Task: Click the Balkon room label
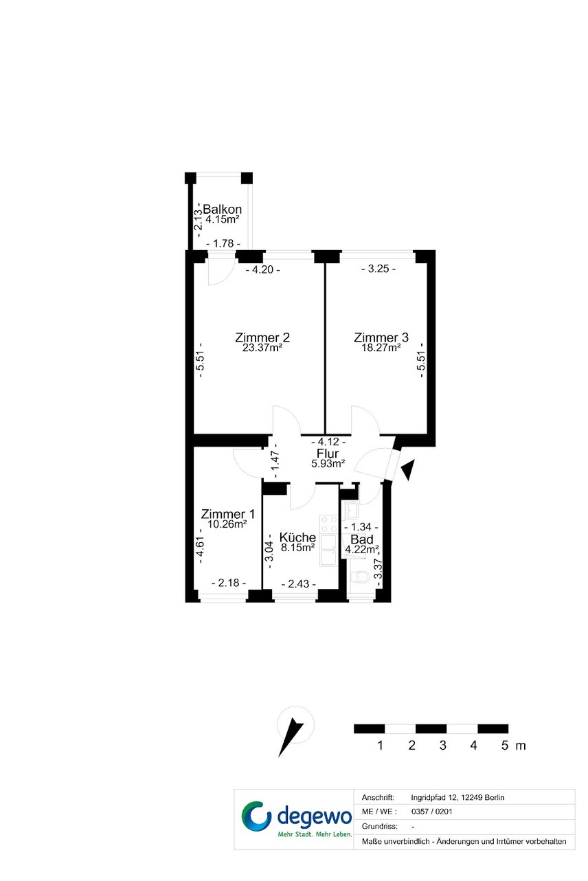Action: pyautogui.click(x=222, y=209)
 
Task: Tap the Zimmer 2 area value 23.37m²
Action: pyautogui.click(x=262, y=348)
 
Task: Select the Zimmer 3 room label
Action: pyautogui.click(x=381, y=337)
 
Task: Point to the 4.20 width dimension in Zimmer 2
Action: pyautogui.click(x=262, y=270)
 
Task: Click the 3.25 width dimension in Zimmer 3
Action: pyautogui.click(x=378, y=269)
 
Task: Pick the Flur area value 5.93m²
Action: pyautogui.click(x=328, y=464)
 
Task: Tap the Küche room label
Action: pyautogui.click(x=297, y=537)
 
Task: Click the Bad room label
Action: pyautogui.click(x=361, y=539)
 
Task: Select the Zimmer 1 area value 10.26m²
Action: pyautogui.click(x=227, y=524)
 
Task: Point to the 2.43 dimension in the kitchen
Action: pyautogui.click(x=299, y=584)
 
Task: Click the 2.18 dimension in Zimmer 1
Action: pyautogui.click(x=229, y=583)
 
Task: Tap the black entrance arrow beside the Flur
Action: pyautogui.click(x=408, y=469)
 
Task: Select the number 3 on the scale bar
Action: pyautogui.click(x=443, y=746)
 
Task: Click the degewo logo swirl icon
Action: pyautogui.click(x=256, y=819)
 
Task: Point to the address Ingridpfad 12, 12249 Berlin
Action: pyautogui.click(x=457, y=797)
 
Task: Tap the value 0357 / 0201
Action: pyautogui.click(x=431, y=812)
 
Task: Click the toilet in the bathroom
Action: pyautogui.click(x=359, y=578)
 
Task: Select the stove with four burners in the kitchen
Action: pyautogui.click(x=328, y=524)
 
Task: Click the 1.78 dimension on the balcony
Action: pyautogui.click(x=223, y=244)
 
